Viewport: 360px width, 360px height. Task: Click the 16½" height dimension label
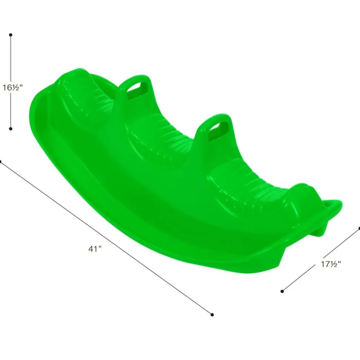tap(13, 87)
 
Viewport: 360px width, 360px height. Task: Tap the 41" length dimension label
tap(95, 249)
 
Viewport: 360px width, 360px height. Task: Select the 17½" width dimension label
tap(331, 264)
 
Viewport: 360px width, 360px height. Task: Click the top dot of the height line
tap(10, 35)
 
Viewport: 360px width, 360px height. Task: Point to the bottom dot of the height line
tap(10, 129)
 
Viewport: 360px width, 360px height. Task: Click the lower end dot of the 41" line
tap(212, 315)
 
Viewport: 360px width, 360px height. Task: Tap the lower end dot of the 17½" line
tap(282, 291)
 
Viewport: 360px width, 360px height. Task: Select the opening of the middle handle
tap(218, 132)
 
